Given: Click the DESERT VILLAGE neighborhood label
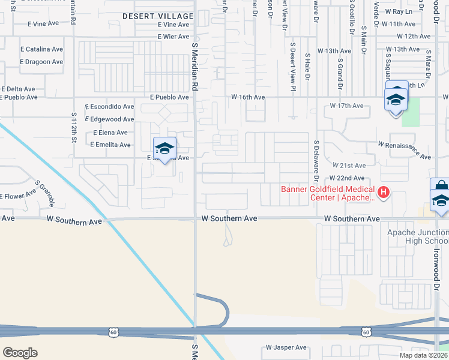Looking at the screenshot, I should coord(158,16).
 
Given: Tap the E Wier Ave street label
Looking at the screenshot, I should coord(174,37).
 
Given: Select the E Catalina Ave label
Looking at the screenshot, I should coord(41,49).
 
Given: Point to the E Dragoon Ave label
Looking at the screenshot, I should coord(41,62).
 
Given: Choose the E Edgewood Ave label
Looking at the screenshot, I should coord(110,119).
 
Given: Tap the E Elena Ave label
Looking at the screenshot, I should coord(110,133).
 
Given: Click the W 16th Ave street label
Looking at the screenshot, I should coord(248,97).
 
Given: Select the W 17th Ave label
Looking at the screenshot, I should coord(347,106).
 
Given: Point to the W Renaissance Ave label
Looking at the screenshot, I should coord(405,151).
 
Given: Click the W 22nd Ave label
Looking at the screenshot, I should coord(347,178).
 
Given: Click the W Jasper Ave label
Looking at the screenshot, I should coord(286,347).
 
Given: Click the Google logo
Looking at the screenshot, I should coord(20,352).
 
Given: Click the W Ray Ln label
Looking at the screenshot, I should coord(399,11).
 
